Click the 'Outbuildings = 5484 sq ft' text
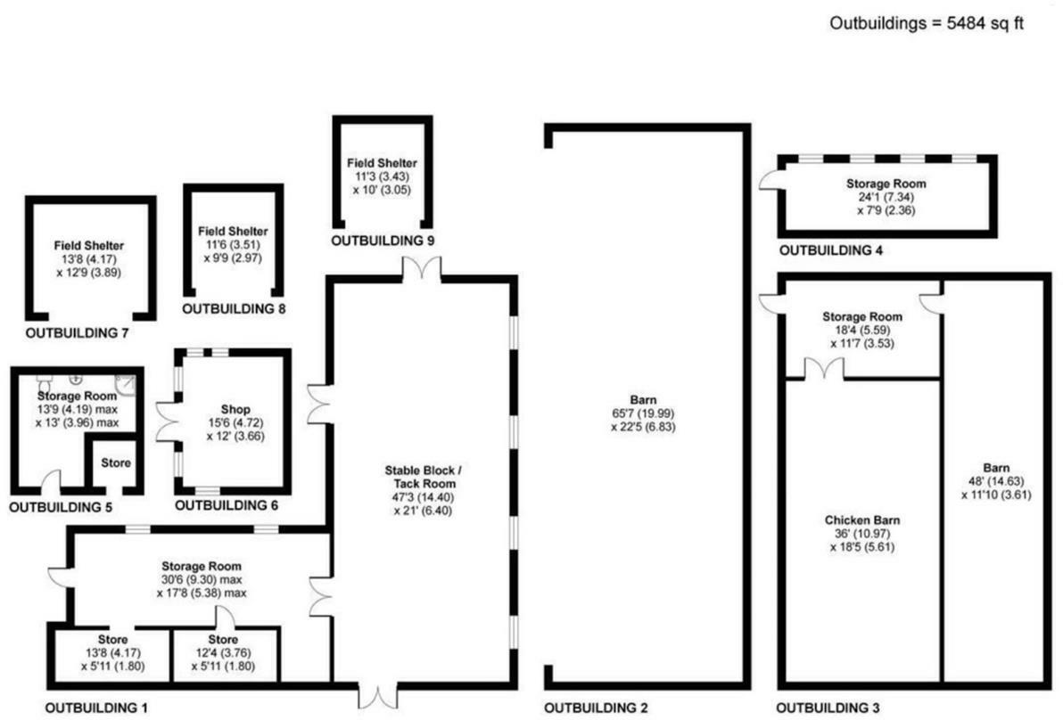[x=927, y=23]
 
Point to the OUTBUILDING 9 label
[x=383, y=241]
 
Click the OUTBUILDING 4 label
[x=831, y=250]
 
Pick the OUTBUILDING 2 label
[x=597, y=708]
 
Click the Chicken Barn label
[x=862, y=520]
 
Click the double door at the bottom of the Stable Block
[x=378, y=693]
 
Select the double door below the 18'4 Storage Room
[x=825, y=368]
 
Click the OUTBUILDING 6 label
[x=227, y=505]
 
